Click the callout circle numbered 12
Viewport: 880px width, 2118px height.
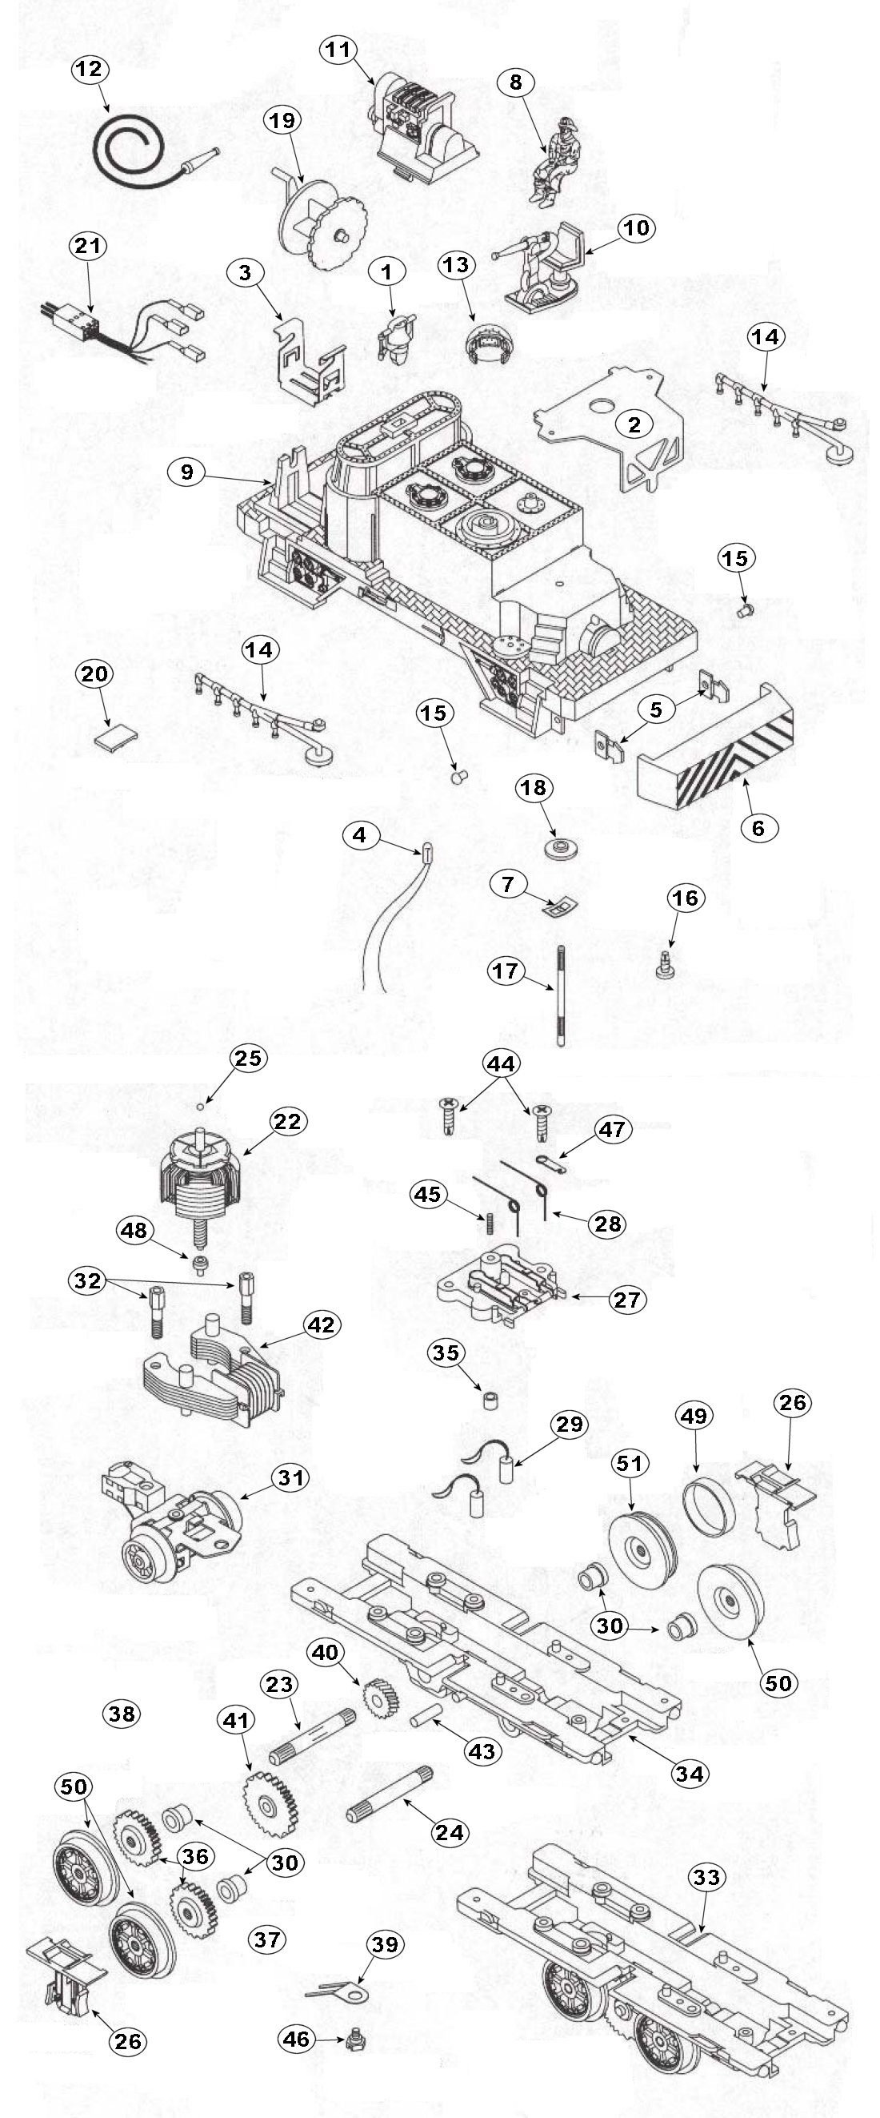pyautogui.click(x=90, y=69)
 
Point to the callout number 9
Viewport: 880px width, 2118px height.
pyautogui.click(x=188, y=472)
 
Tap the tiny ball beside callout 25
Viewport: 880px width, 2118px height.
pyautogui.click(x=200, y=1107)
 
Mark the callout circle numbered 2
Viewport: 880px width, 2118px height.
pyautogui.click(x=634, y=424)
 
